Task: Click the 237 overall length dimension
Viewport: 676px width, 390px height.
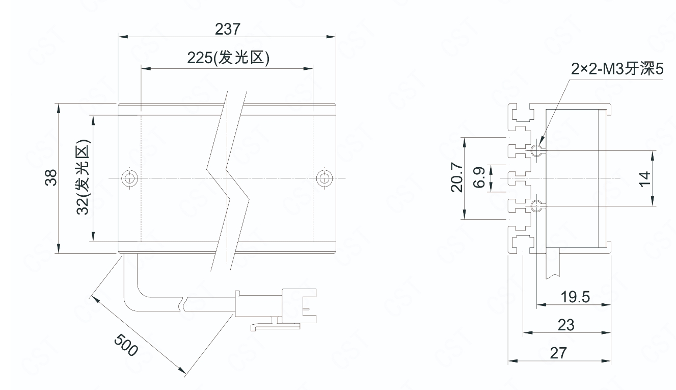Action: click(x=228, y=29)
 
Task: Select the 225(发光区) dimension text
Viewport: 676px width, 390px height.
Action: click(x=228, y=58)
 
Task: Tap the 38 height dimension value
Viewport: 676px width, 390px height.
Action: click(x=51, y=177)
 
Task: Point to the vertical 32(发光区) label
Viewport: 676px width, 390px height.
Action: click(x=83, y=177)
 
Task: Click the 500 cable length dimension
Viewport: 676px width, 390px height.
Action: click(x=126, y=345)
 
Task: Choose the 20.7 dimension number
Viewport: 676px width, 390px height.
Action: click(x=456, y=177)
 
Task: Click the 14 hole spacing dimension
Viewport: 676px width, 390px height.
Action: click(x=644, y=179)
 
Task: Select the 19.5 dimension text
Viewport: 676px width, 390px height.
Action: click(x=575, y=297)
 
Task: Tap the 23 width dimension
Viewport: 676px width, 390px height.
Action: click(x=566, y=325)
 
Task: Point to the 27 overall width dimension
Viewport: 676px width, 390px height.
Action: click(x=558, y=353)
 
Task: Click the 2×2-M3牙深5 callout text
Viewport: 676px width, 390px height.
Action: click(x=617, y=69)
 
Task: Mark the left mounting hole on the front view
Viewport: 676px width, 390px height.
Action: click(x=130, y=178)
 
